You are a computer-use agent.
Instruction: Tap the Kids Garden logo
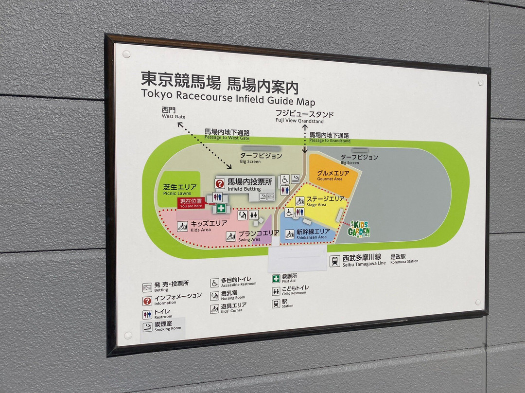[359, 229]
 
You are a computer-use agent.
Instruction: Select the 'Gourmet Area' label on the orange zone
[331, 176]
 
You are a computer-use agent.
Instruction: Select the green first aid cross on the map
[221, 208]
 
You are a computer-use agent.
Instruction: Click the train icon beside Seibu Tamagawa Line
[334, 261]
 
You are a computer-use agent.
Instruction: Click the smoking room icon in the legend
[147, 326]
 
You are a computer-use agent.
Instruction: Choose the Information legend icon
[147, 301]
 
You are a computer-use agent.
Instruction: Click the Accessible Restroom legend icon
[214, 283]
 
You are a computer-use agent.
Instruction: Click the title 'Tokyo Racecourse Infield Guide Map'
[227, 97]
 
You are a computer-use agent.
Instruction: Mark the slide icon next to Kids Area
[182, 226]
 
